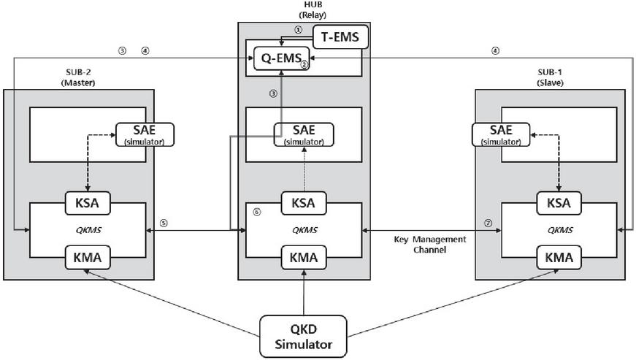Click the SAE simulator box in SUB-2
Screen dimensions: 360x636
tap(145, 134)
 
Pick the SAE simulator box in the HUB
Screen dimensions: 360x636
tap(304, 134)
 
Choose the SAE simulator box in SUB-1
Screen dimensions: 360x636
tap(501, 134)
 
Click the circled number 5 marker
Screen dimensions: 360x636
tap(164, 223)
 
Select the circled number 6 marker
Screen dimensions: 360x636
tap(256, 212)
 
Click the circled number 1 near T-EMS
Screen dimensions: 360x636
tap(298, 30)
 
